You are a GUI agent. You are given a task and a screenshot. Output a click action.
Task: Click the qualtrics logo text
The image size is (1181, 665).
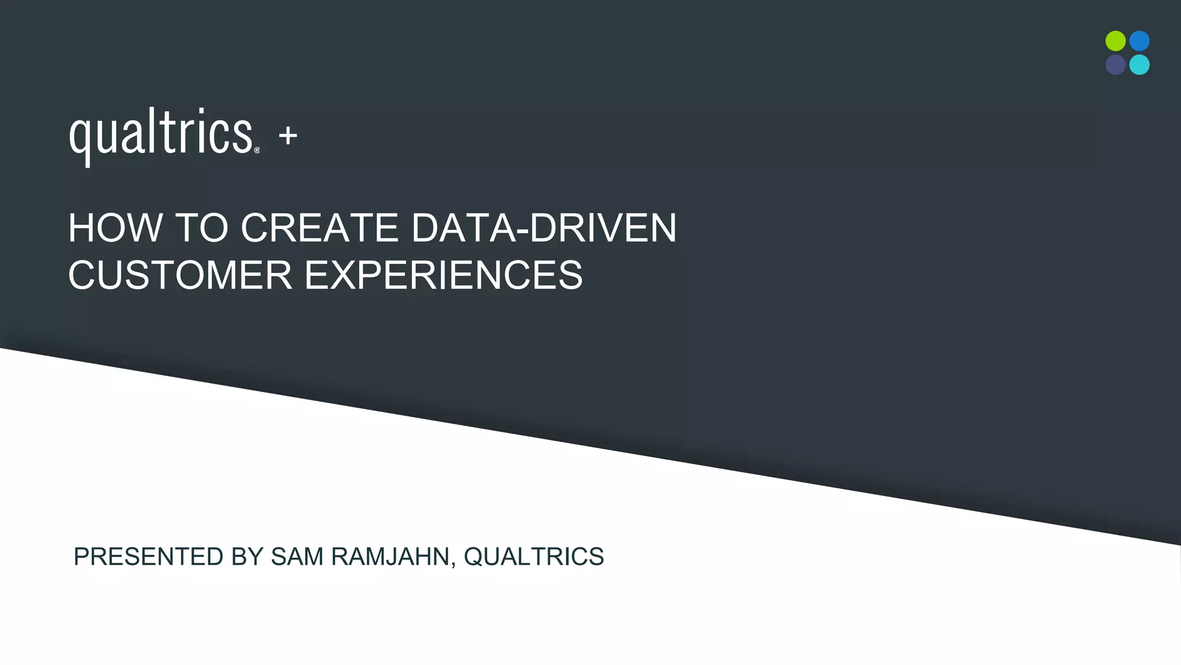click(161, 135)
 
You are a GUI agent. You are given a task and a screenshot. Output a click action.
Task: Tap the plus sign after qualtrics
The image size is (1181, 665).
click(288, 136)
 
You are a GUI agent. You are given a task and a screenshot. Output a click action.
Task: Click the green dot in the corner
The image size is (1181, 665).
click(1115, 41)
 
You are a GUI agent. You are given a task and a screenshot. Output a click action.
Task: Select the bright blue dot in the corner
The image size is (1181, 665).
click(1139, 41)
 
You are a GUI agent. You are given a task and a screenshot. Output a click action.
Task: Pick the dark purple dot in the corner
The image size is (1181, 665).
click(1115, 65)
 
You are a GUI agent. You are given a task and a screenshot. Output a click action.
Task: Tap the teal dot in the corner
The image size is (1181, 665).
click(1139, 65)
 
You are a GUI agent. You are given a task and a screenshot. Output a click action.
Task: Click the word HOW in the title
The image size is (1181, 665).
click(115, 228)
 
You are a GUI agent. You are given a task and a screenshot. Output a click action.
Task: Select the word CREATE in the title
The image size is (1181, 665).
click(319, 228)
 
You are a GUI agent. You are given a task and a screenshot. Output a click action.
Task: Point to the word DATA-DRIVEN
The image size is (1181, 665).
click(544, 228)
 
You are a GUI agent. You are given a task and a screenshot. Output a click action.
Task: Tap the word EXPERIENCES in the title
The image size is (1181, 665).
click(443, 275)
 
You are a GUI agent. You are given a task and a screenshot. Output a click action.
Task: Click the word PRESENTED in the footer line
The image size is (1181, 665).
click(148, 557)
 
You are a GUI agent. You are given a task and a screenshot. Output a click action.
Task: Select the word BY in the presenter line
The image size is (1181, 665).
click(247, 557)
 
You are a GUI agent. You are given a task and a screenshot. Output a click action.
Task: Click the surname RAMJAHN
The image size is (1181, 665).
click(390, 557)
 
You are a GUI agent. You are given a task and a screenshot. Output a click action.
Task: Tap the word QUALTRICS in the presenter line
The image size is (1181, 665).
click(534, 557)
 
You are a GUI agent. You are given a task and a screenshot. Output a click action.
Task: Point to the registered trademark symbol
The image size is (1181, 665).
click(257, 150)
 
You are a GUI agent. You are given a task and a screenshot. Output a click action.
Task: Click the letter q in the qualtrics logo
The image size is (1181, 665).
click(80, 139)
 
